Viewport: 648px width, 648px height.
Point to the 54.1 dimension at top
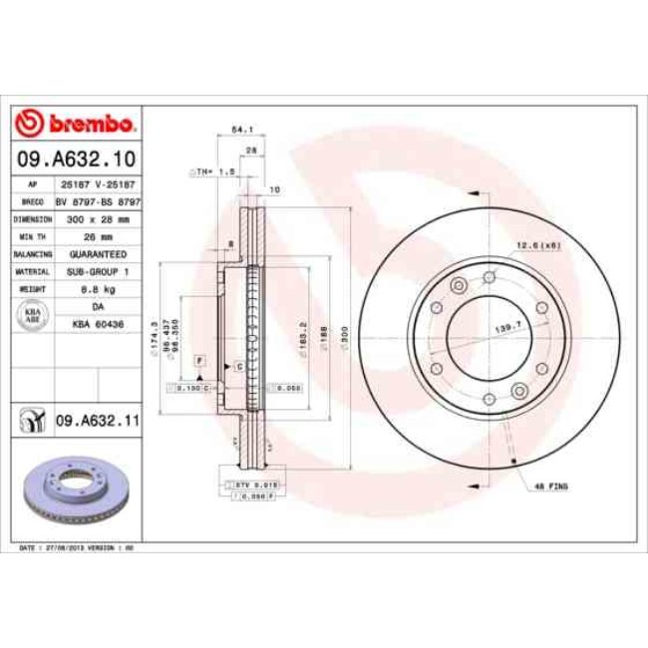pyautogui.click(x=239, y=128)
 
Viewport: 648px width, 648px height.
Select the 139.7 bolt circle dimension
pyautogui.click(x=509, y=325)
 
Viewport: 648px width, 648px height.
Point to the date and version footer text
pyautogui.click(x=76, y=549)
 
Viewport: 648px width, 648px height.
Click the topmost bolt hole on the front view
pyautogui.click(x=488, y=276)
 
